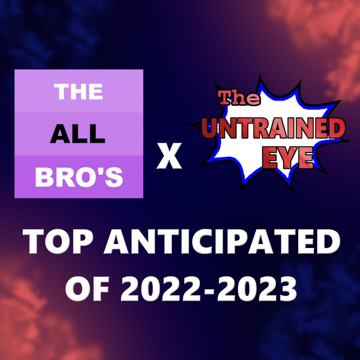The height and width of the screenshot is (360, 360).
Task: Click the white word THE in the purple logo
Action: click(x=78, y=92)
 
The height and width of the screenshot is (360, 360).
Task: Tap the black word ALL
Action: click(x=78, y=134)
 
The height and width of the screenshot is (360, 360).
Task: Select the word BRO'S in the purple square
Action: click(x=79, y=177)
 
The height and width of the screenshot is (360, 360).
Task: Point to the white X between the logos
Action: click(x=169, y=156)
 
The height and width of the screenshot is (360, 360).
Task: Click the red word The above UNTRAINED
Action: click(x=240, y=98)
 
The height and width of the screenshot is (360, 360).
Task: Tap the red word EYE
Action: click(x=288, y=158)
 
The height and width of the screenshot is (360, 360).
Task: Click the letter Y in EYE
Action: click(x=288, y=158)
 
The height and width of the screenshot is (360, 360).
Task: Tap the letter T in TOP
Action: click(x=34, y=241)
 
